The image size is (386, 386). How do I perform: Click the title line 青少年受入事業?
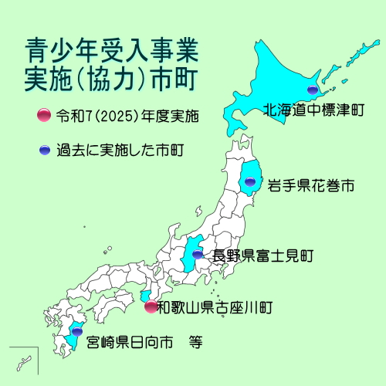[110, 52]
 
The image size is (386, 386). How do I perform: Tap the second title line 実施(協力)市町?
[110, 79]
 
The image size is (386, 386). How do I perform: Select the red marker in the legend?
[43, 117]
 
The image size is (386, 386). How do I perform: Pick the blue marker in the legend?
[43, 149]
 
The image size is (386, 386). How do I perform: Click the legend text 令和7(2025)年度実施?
[127, 117]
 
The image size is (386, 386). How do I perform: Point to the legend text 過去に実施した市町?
[120, 149]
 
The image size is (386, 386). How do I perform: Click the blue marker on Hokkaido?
[312, 90]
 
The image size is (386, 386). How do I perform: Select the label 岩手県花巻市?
[311, 186]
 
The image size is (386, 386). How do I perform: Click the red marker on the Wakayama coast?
[151, 306]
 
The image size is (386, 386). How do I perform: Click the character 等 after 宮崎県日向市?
[195, 340]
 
